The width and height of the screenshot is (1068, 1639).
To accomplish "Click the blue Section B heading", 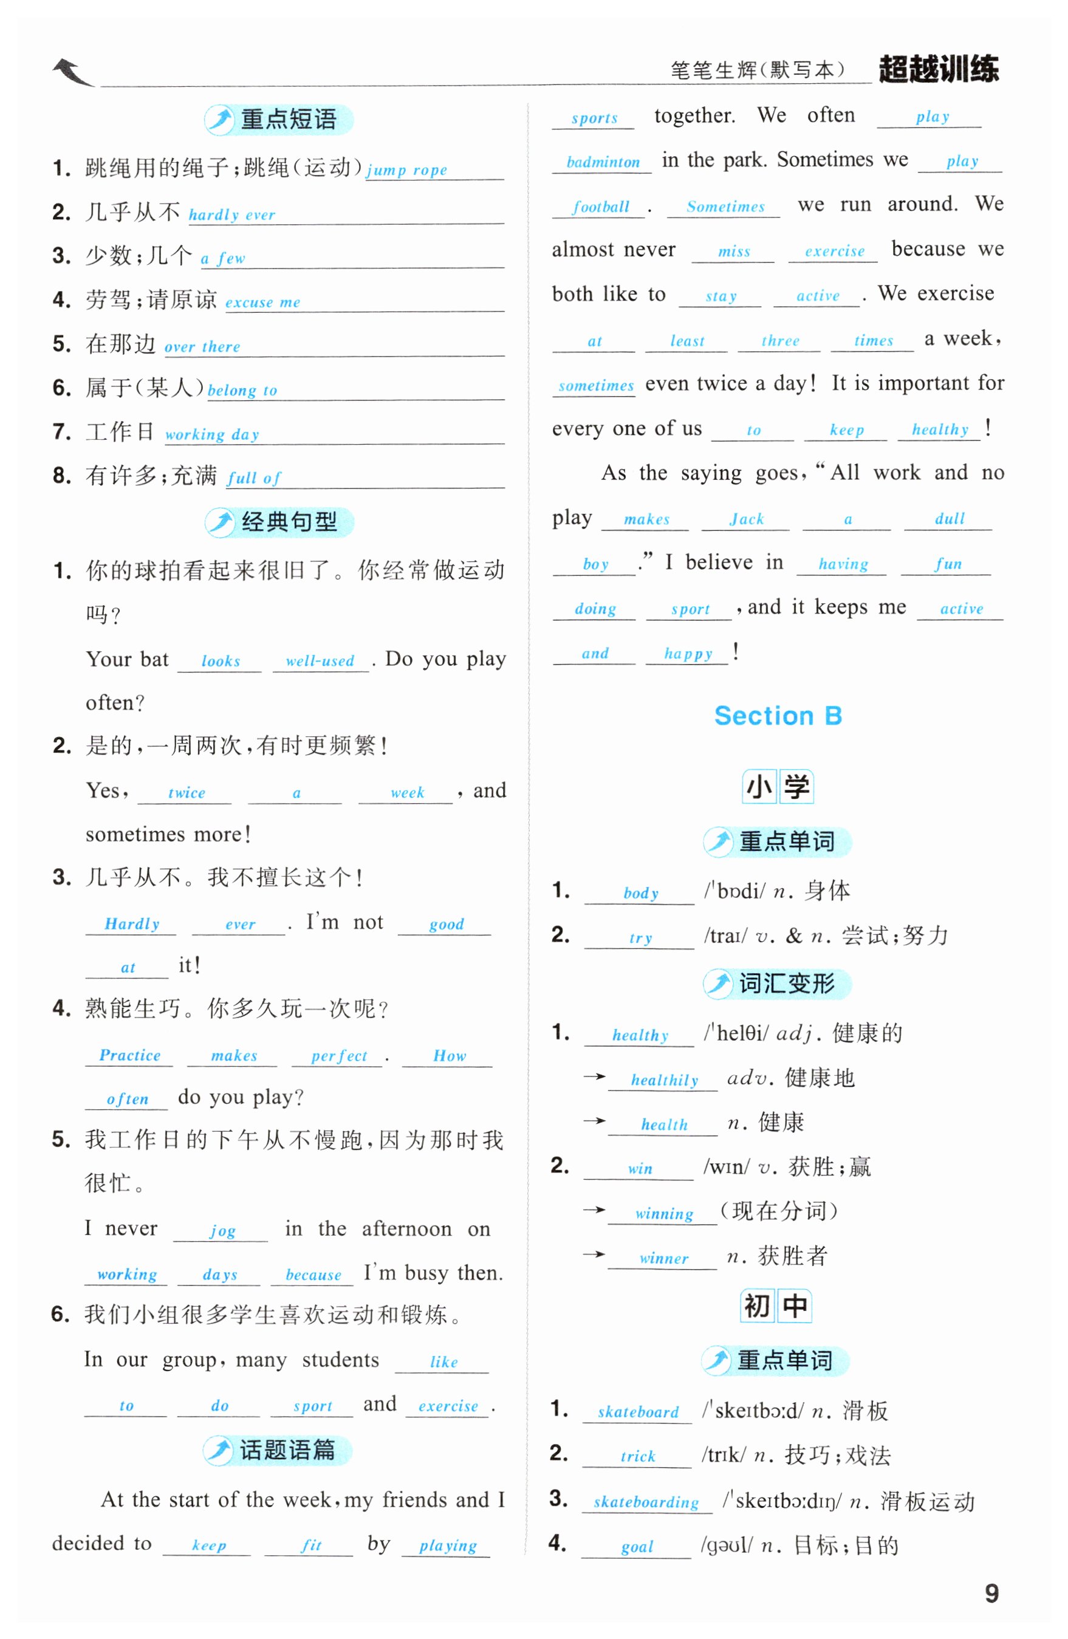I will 778,716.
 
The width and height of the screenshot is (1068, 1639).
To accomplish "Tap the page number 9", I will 991,1592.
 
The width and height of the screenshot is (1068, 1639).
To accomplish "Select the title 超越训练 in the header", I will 938,69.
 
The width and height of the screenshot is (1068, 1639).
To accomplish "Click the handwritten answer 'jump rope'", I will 406,169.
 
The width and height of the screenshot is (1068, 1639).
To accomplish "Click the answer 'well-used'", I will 320,661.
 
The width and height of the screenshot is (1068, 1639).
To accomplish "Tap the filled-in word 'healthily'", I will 665,1080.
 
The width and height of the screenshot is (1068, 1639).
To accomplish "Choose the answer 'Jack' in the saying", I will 747,519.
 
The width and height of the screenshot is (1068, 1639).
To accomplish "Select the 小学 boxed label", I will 778,787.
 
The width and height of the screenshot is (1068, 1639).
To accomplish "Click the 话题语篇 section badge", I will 278,1449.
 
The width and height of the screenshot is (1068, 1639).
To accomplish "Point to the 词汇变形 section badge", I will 777,984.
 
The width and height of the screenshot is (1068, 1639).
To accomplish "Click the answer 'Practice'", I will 129,1055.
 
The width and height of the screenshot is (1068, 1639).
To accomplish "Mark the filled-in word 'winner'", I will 663,1258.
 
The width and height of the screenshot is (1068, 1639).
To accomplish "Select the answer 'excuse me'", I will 262,303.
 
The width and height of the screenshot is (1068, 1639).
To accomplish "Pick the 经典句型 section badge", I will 279,522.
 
